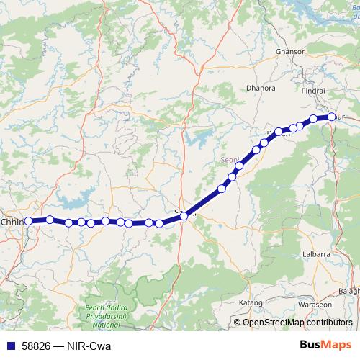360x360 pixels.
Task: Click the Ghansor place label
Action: (x=290, y=53)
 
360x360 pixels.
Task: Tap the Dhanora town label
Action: (x=261, y=88)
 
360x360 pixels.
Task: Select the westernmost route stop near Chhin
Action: (x=29, y=222)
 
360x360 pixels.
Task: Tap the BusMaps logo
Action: (x=325, y=345)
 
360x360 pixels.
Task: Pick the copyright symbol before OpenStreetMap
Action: (x=238, y=323)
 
